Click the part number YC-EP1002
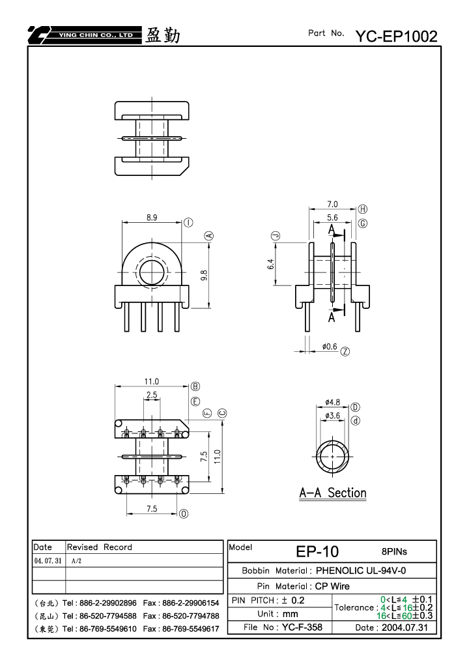pos(396,36)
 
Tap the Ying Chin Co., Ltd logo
pos(84,35)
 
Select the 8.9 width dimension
pos(152,218)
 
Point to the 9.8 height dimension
pos(204,275)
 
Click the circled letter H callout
pos(363,209)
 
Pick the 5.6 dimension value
pos(332,218)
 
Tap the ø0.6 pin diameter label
pos(330,347)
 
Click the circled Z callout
pos(345,351)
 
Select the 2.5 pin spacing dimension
pos(152,395)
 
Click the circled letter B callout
pos(195,386)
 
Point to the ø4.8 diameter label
pos(333,402)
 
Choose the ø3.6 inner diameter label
pos(333,416)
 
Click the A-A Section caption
pos(333,493)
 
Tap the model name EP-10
pos(317,551)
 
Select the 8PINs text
pos(394,552)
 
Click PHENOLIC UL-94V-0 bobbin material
pos(361,570)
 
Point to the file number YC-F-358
pos(302,627)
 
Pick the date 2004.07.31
pos(405,628)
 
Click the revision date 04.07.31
pos(48,560)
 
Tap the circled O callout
pos(183,513)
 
